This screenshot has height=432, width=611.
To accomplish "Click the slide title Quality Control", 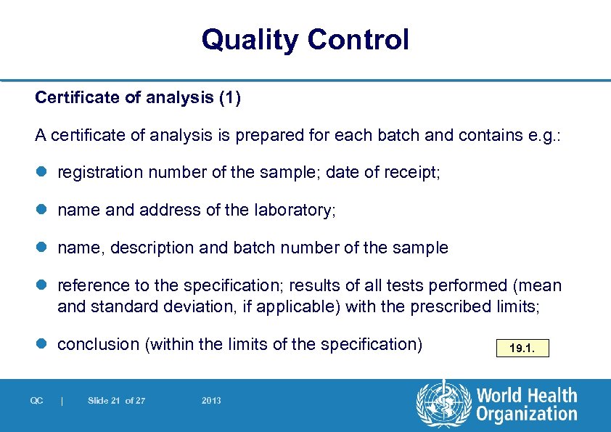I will (x=305, y=39).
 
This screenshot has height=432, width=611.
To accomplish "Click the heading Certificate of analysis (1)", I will (x=138, y=98).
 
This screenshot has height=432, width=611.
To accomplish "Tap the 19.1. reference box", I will (x=522, y=349).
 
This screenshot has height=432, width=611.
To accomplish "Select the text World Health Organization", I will (x=526, y=405).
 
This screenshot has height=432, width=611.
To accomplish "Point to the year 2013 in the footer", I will (x=211, y=401).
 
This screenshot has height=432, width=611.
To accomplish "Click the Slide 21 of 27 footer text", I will (x=116, y=401).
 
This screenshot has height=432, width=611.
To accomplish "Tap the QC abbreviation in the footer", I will (x=37, y=401).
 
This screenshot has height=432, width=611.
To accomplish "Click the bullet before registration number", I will (x=41, y=173).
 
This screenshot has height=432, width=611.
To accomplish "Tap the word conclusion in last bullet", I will (x=99, y=344).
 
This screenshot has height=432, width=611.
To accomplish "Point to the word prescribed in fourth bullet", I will (x=450, y=306).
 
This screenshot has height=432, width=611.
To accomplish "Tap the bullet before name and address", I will (x=41, y=211).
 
